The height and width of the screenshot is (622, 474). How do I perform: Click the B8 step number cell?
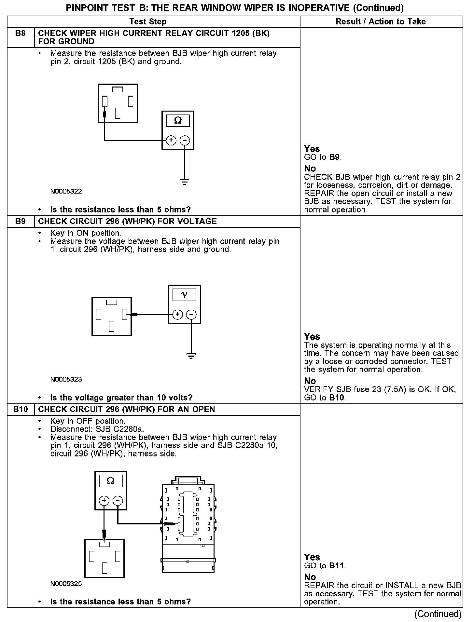(x=21, y=34)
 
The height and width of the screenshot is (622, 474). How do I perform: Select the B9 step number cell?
(x=21, y=222)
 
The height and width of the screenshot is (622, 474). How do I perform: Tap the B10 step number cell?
(x=21, y=409)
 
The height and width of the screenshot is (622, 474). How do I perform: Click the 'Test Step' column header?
(x=148, y=22)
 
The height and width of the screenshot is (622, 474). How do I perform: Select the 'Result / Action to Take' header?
(x=381, y=22)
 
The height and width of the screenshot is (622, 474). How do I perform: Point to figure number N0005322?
(x=66, y=191)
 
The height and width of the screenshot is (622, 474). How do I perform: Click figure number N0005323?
(x=66, y=379)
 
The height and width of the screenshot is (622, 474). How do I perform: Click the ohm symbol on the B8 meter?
(x=178, y=121)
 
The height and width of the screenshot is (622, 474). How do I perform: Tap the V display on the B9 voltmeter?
(x=184, y=295)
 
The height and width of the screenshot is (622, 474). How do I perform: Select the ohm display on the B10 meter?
(x=111, y=481)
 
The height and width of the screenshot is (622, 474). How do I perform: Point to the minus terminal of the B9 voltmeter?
(x=191, y=315)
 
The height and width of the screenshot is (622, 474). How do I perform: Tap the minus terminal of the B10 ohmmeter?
(x=118, y=501)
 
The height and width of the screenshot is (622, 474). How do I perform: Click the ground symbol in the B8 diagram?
(x=185, y=182)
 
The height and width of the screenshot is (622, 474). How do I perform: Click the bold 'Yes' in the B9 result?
(x=312, y=337)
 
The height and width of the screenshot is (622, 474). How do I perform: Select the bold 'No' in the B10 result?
(x=310, y=577)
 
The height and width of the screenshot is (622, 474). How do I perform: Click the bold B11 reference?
(x=337, y=566)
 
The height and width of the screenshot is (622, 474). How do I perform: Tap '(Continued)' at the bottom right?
(x=438, y=614)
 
